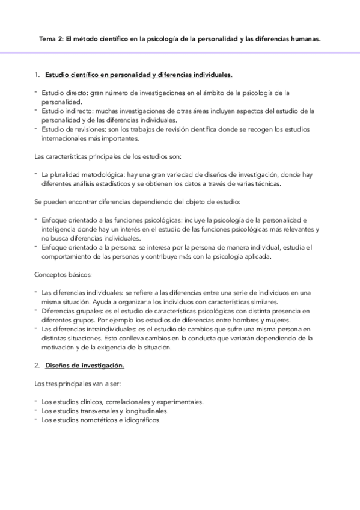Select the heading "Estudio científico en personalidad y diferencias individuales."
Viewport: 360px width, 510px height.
click(x=139, y=75)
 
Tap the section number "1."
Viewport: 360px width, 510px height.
click(x=37, y=75)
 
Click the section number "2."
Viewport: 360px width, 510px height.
click(x=37, y=366)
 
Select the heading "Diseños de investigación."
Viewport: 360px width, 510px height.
click(x=85, y=366)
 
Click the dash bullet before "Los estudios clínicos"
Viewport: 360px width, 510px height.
click(x=36, y=401)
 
